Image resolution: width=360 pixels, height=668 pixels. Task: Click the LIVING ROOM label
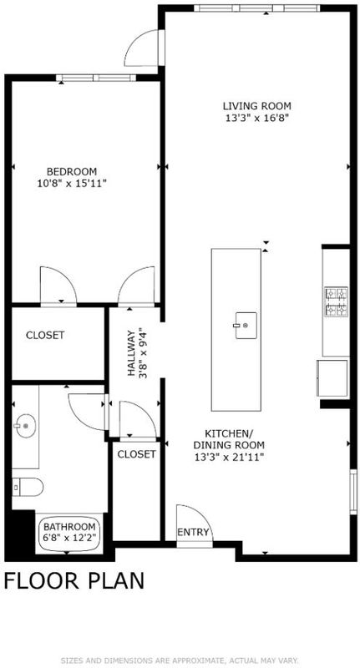click(x=257, y=105)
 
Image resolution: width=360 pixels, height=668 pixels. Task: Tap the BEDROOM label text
click(x=72, y=172)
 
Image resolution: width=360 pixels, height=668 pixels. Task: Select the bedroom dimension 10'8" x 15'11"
click(x=72, y=184)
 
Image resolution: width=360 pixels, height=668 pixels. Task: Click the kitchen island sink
click(x=246, y=326)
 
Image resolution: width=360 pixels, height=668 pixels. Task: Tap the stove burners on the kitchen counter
click(x=337, y=302)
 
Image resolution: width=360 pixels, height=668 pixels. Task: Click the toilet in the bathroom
click(x=28, y=487)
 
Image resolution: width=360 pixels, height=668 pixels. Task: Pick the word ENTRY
click(x=194, y=532)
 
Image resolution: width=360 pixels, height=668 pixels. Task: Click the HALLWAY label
click(x=132, y=352)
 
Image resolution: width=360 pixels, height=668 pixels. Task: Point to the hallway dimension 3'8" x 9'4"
click(x=144, y=352)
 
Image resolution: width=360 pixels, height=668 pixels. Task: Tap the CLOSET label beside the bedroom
click(x=45, y=336)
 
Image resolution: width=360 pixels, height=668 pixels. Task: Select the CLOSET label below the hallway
click(x=137, y=454)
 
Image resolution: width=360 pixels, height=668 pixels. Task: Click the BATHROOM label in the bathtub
click(x=69, y=526)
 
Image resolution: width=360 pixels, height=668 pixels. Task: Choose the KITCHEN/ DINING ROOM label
click(x=229, y=439)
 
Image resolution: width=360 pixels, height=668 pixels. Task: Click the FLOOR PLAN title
click(x=74, y=580)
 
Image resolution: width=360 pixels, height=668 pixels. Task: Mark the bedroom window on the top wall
click(x=96, y=78)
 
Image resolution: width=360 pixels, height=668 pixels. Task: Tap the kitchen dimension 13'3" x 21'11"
click(x=229, y=458)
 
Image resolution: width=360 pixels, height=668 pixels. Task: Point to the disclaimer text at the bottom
click(x=180, y=660)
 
